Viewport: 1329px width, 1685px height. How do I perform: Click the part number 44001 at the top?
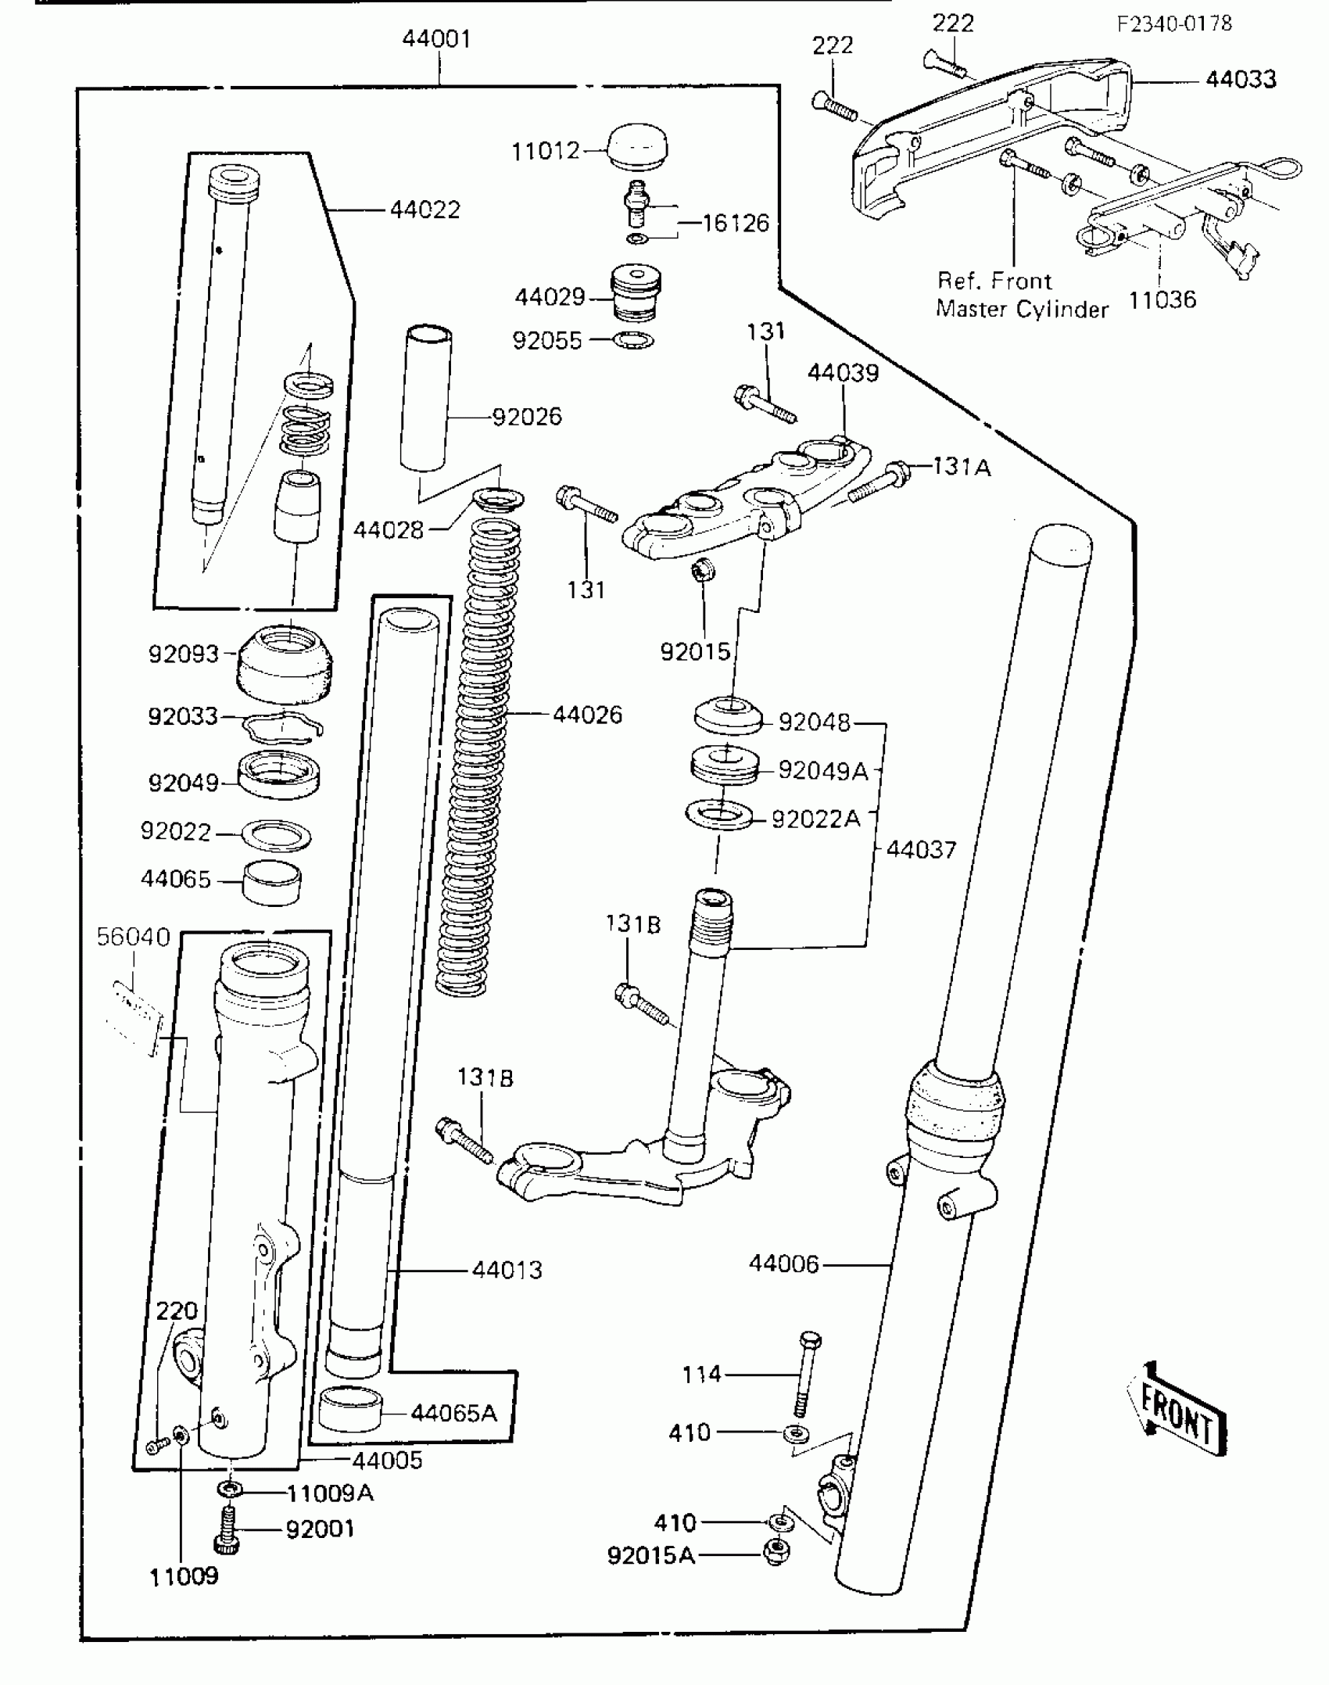[436, 39]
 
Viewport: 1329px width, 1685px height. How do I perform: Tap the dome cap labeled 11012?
[637, 146]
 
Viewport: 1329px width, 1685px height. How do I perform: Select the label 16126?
[735, 224]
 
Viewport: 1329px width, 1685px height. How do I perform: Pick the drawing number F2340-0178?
[1174, 24]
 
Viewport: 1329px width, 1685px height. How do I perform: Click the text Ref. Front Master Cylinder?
[1021, 296]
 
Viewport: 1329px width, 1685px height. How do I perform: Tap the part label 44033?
[1241, 80]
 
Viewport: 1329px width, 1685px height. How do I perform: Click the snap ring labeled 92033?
[282, 727]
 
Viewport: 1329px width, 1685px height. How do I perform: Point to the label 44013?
[507, 1270]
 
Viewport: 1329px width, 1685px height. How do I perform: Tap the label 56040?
[133, 937]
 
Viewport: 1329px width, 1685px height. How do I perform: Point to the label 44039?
[843, 374]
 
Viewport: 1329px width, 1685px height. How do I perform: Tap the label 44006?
[783, 1264]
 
